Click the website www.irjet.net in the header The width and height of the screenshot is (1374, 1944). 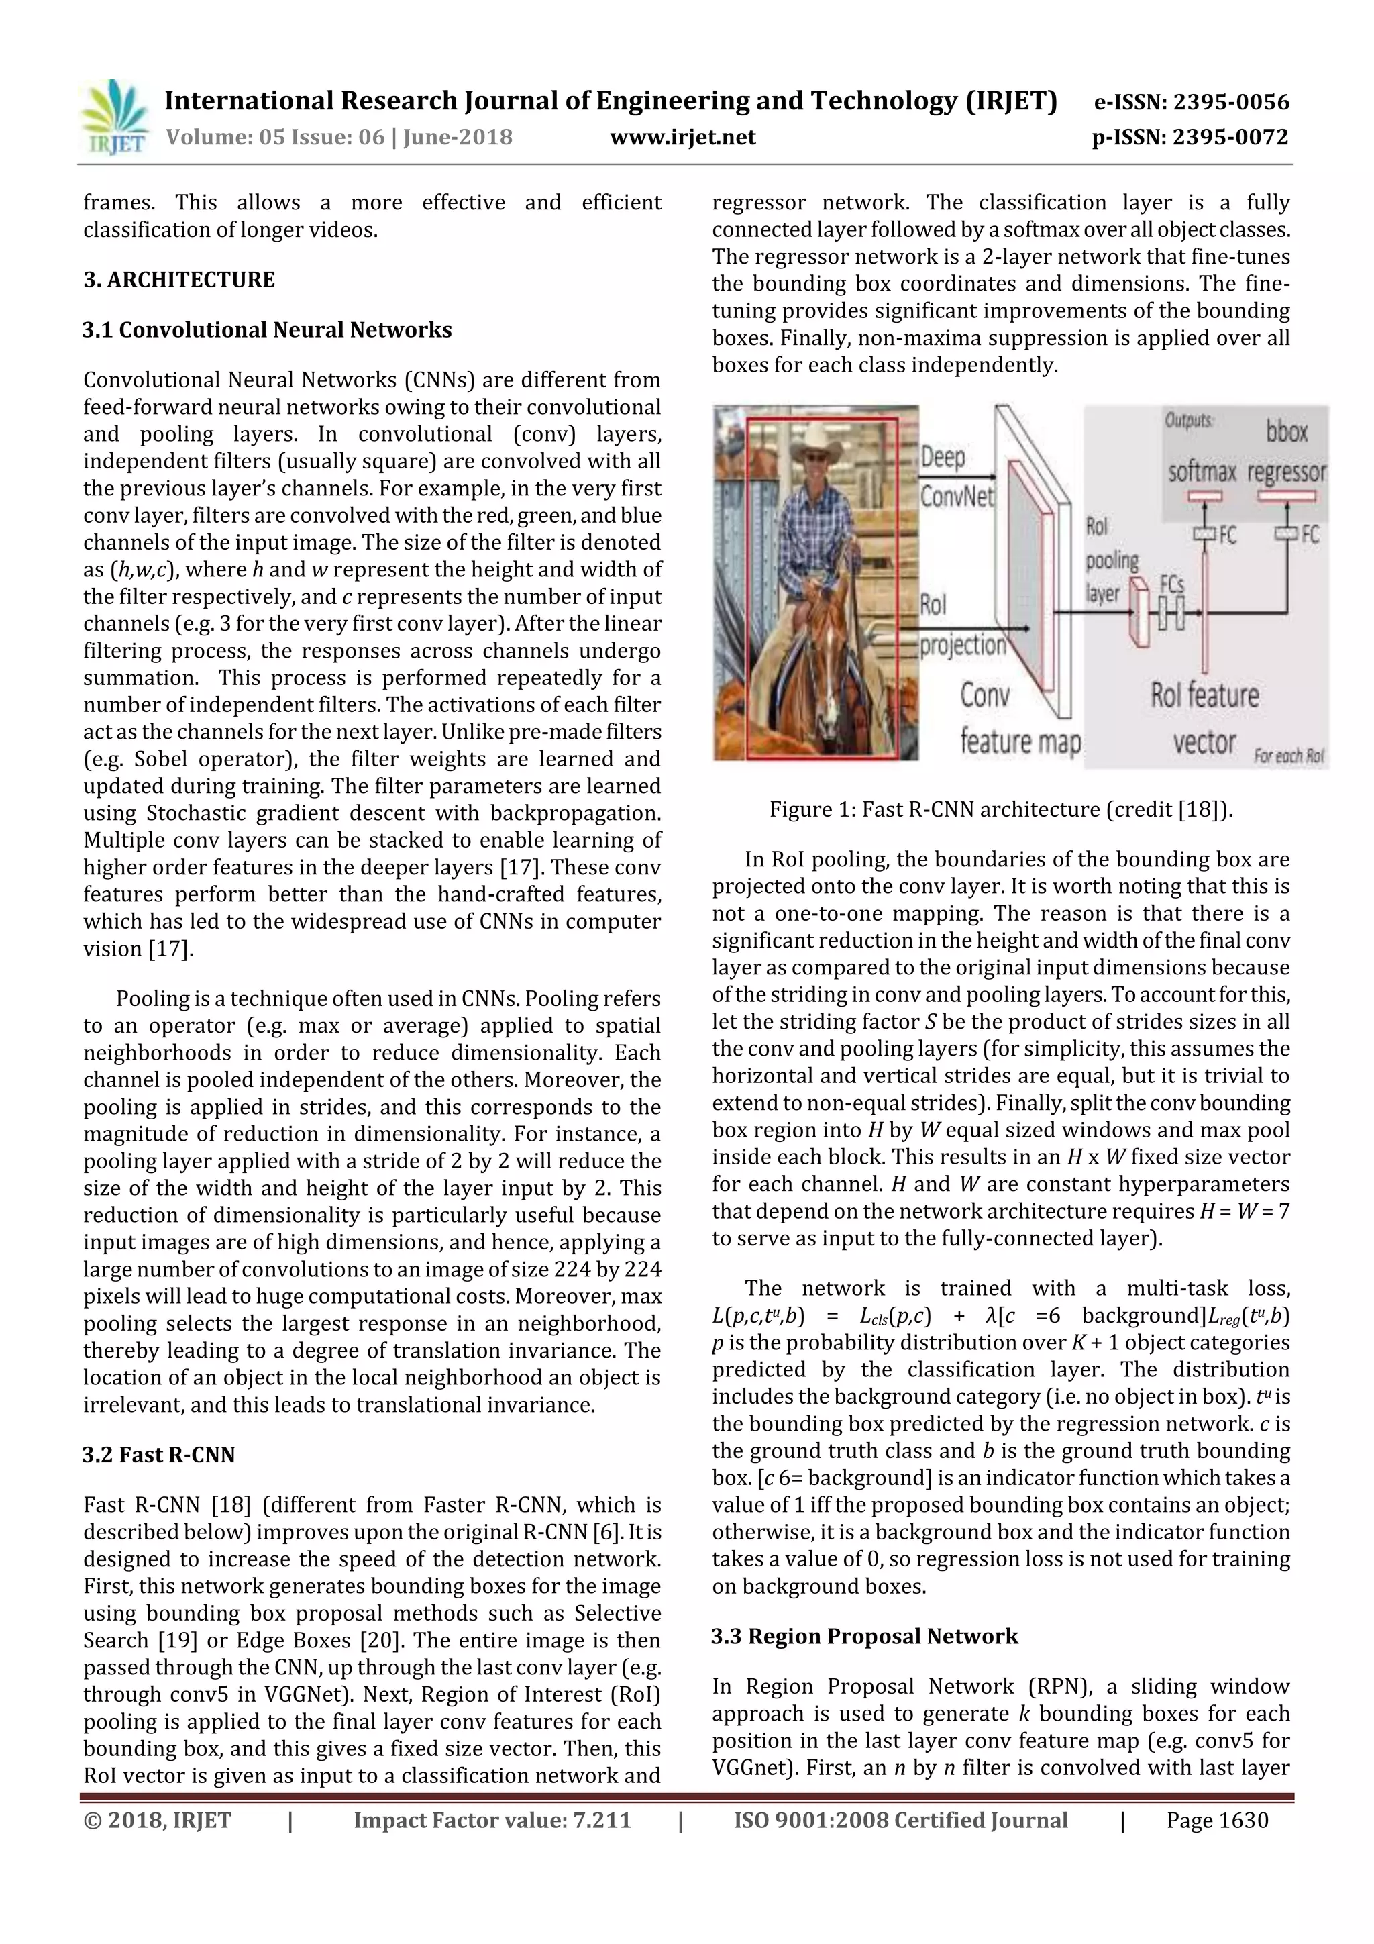coord(682,137)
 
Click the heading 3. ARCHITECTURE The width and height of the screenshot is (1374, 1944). coord(178,280)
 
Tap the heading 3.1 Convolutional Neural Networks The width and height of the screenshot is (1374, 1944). coord(266,330)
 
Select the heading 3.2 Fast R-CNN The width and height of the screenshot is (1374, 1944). coord(158,1455)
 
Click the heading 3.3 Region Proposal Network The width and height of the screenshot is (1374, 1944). coord(864,1636)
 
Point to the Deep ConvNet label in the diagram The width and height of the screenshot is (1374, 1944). coord(957,476)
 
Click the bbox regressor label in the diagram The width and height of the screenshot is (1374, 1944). coord(1286,453)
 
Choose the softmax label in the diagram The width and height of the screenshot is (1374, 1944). coord(1202,472)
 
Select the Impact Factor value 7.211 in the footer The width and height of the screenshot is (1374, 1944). coord(492,1821)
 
